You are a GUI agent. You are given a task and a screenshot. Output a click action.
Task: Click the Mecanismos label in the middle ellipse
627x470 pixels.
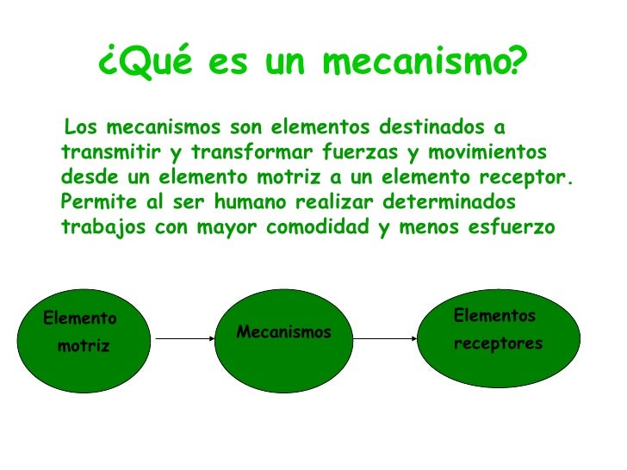pos(284,332)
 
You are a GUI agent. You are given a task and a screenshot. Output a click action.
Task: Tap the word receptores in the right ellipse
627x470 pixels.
pos(499,343)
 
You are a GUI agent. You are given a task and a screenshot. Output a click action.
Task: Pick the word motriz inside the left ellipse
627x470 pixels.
pos(84,346)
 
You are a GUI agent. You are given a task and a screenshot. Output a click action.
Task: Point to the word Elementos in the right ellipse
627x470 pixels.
pos(494,316)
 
